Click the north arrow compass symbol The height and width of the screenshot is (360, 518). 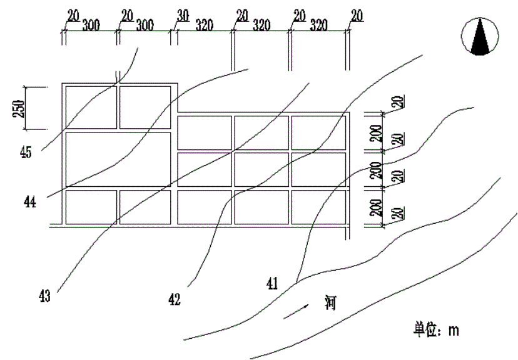click(480, 36)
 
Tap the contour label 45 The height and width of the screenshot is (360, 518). click(26, 152)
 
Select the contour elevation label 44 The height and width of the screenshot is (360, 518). click(30, 201)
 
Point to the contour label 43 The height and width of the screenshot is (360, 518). click(44, 296)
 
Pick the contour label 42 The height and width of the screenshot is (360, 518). click(175, 299)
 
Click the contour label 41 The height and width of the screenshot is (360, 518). click(272, 284)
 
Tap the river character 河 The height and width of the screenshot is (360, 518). click(331, 303)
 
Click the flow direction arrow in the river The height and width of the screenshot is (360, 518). click(296, 311)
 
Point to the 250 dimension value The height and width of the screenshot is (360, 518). click(19, 109)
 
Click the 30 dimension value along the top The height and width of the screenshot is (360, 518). click(183, 16)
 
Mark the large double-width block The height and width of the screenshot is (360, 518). click(118, 159)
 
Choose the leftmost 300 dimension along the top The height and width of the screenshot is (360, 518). click(91, 25)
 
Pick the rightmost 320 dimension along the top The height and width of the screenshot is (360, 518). click(319, 25)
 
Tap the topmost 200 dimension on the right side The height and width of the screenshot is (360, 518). click(376, 133)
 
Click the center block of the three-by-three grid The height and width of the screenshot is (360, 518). click(262, 169)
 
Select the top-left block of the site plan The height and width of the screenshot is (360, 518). click(91, 107)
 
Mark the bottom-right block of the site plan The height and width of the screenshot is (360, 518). click(319, 207)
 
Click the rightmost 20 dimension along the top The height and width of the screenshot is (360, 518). click(357, 16)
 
